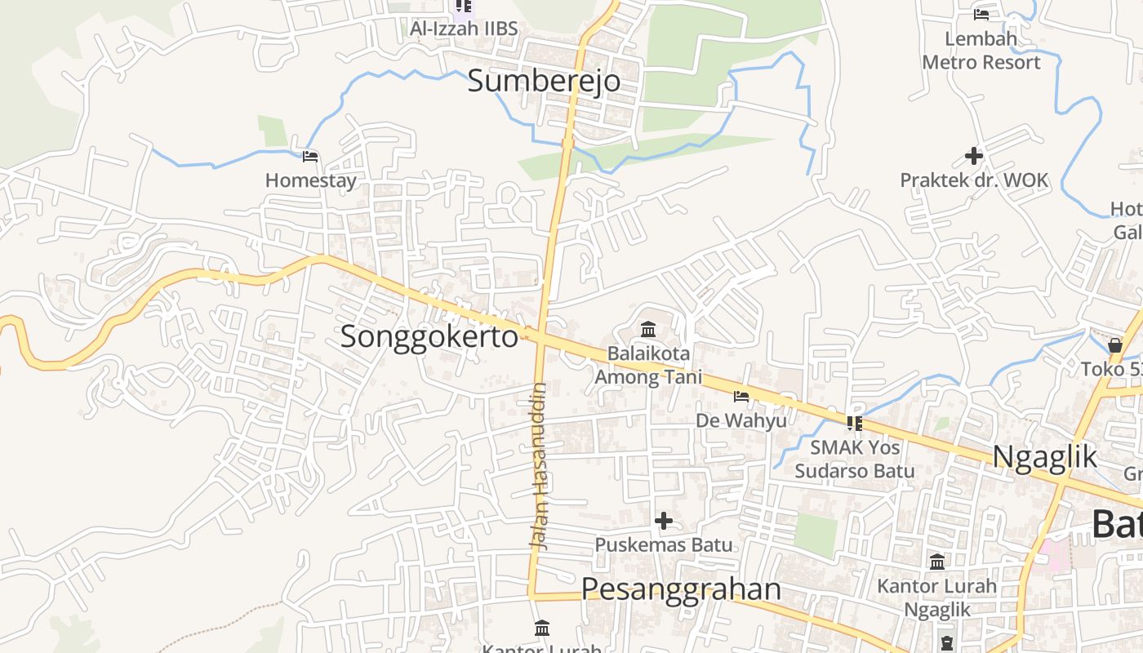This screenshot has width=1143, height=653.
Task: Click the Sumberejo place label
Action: point(544,81)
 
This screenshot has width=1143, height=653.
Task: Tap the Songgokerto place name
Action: point(429,336)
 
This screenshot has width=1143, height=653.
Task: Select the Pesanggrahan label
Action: point(681,589)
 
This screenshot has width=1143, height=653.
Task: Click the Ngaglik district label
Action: point(1045,457)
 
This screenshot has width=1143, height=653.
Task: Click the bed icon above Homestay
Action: point(310,157)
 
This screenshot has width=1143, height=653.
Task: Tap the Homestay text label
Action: point(311,180)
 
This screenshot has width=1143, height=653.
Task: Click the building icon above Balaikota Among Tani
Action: point(649,330)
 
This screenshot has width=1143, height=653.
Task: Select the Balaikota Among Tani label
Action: point(648,366)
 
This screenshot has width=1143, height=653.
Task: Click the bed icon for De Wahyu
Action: point(741,397)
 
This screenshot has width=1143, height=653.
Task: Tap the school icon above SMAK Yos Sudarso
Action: point(854,423)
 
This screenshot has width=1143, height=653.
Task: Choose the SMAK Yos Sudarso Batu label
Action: point(855,460)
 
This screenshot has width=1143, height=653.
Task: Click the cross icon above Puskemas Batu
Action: point(664,520)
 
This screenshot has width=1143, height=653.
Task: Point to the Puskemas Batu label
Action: point(664,544)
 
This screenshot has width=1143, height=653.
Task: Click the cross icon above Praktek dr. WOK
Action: point(973,155)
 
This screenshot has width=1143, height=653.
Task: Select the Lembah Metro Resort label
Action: point(981,51)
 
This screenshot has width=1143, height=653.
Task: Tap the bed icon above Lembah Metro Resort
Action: point(981,14)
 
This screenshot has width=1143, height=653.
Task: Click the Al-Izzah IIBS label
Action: point(464,29)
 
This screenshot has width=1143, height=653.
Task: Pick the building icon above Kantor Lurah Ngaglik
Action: point(937,562)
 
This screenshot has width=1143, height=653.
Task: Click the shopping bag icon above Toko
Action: point(1115,345)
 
